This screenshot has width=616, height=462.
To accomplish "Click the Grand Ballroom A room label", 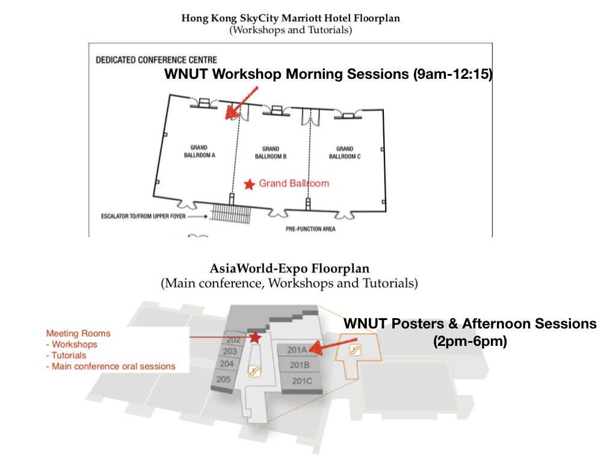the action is [x=199, y=152].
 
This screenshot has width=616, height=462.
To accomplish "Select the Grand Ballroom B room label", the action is [x=271, y=152].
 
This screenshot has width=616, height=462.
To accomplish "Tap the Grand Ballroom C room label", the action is [x=345, y=152].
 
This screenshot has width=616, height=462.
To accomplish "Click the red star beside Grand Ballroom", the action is [x=249, y=184].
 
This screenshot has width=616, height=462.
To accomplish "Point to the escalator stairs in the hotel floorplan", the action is [x=232, y=213].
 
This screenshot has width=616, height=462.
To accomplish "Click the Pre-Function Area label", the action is [x=310, y=229].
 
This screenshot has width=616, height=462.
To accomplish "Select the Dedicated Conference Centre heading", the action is [x=156, y=60].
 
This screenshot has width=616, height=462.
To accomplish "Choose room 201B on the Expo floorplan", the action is [x=299, y=365].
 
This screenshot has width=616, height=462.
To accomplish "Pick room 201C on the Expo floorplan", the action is [x=301, y=381].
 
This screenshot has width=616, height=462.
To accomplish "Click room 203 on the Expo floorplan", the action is [x=229, y=351].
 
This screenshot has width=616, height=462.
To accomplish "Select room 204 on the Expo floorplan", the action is [x=226, y=364].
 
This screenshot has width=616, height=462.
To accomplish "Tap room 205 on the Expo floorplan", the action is [x=223, y=379].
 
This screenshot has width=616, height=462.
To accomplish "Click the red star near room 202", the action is [x=255, y=337].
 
